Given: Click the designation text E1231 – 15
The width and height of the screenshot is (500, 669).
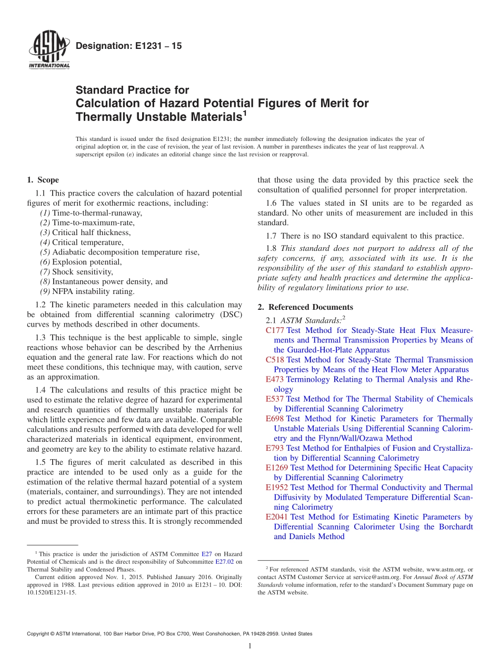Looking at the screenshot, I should [129, 46].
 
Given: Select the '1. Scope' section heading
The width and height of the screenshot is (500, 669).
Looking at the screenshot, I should [43, 180].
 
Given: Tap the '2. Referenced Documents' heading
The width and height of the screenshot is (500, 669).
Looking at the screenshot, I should [305, 307].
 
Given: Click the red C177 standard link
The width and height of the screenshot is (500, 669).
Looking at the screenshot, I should [275, 330].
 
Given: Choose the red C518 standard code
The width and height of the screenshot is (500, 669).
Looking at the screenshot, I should [275, 360].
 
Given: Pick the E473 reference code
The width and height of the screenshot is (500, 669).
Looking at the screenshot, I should [275, 379].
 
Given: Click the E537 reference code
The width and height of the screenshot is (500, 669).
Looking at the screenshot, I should [275, 399].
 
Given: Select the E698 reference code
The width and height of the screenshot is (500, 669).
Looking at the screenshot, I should [275, 419].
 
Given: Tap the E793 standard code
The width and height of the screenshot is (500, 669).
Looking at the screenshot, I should [275, 448].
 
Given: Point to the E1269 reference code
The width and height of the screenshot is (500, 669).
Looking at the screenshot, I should [277, 468].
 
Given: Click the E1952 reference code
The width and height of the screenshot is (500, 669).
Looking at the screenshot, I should [277, 488].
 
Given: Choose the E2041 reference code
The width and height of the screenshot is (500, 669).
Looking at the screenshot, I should [277, 517].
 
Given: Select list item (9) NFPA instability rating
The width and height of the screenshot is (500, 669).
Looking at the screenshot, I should [87, 291].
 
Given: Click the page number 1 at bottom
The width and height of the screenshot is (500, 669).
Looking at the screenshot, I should [250, 646].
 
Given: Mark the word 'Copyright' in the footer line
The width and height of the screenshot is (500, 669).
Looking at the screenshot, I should [40, 634].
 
